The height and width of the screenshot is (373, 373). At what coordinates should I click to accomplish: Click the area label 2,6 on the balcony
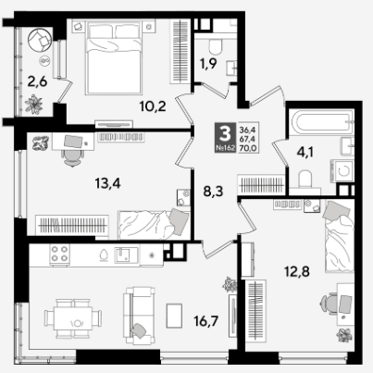point(37,82)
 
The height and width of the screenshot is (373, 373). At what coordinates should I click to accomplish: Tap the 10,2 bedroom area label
point(153,106)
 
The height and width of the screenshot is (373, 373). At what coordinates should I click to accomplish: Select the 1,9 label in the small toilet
point(208,64)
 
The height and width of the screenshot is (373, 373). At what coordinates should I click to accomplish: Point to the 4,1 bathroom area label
point(305,152)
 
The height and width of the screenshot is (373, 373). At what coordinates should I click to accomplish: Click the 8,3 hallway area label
point(213,192)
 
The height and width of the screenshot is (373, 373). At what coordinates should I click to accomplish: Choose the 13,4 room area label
point(107,184)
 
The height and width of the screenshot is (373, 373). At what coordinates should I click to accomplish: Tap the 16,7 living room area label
point(206,321)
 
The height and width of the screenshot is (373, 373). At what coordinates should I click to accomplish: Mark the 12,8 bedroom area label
point(296,272)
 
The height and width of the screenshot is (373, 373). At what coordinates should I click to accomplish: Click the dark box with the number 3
point(226,137)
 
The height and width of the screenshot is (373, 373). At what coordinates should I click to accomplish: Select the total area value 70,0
point(248,148)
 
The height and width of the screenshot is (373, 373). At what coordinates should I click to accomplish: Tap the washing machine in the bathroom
point(342,170)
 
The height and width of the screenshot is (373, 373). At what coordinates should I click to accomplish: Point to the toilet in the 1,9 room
point(216,47)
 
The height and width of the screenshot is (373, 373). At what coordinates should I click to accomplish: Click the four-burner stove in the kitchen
point(59,254)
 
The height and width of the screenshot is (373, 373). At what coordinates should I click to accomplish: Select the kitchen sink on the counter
point(126,255)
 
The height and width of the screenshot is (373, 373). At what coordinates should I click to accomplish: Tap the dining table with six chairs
point(73,318)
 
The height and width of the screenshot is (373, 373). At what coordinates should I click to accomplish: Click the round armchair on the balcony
point(40,41)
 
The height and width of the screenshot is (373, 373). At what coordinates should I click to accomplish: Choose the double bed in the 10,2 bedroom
point(115,57)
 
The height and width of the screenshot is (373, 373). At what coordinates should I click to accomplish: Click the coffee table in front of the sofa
point(174,316)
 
